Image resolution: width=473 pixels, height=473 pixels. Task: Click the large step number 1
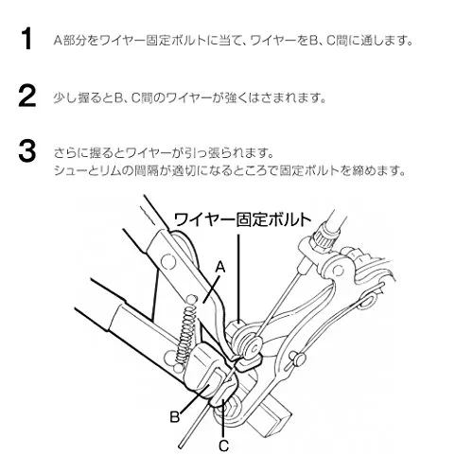pos(27,38)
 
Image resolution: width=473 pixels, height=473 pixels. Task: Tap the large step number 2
pos(27,96)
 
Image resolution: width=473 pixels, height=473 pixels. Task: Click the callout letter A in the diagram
pos(220,267)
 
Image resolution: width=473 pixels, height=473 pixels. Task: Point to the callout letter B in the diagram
pos(174,417)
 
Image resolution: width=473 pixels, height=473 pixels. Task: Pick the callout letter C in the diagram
pos(223,446)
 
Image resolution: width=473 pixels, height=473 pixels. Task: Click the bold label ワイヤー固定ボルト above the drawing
pos(243,219)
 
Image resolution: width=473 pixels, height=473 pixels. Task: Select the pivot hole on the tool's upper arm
pos(168,261)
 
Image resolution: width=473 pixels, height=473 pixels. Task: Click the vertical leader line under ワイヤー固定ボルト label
pos(238,278)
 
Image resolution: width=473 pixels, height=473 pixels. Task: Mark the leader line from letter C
pos(223,418)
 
